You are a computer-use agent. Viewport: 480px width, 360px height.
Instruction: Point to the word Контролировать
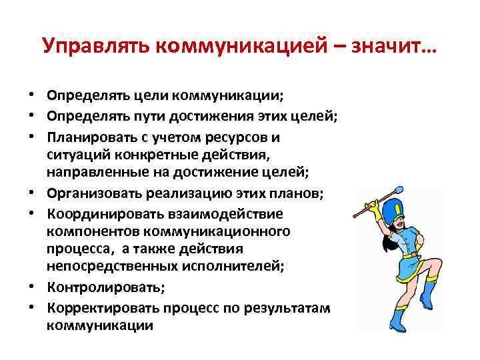tap(102, 287)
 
